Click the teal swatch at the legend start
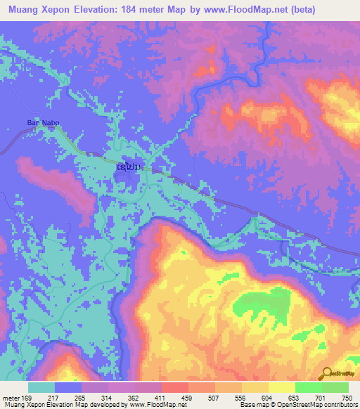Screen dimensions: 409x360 41,387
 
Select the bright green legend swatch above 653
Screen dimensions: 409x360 308,387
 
